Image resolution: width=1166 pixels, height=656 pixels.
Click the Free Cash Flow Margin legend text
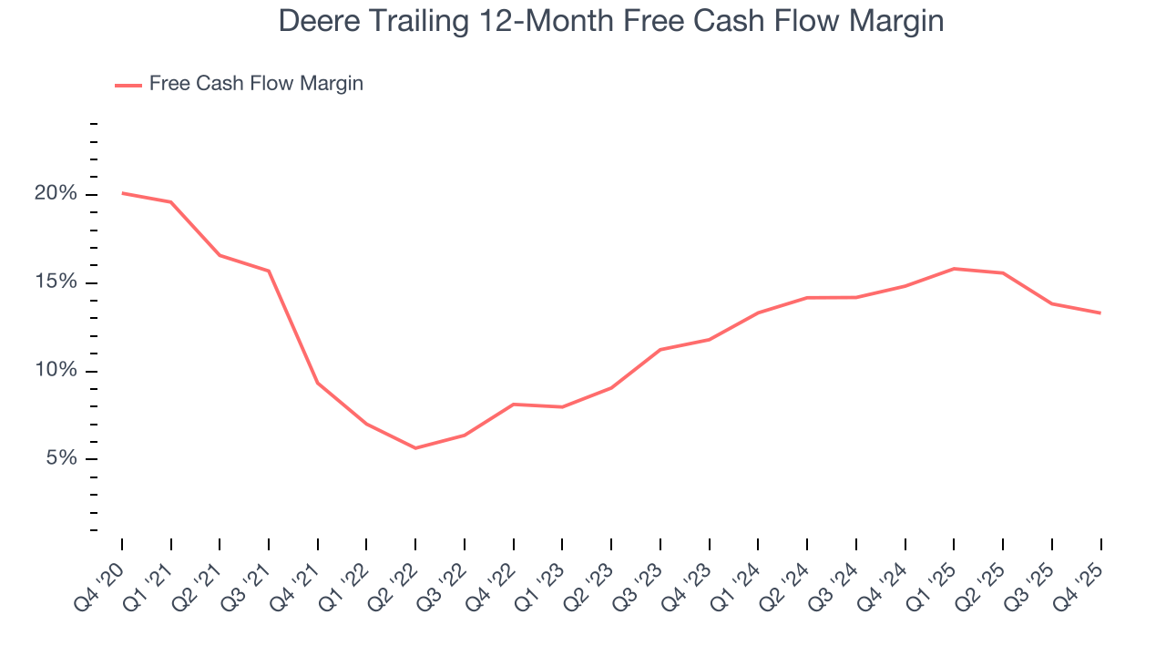pyautogui.click(x=256, y=84)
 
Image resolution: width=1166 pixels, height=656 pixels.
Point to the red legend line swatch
pyautogui.click(x=128, y=85)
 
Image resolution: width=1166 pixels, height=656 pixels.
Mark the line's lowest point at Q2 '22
pyautogui.click(x=415, y=448)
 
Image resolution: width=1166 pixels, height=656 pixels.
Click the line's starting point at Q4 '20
pyautogui.click(x=122, y=193)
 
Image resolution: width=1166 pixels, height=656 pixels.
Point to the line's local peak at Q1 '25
pyautogui.click(x=954, y=269)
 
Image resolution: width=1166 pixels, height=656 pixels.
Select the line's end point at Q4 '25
pyautogui.click(x=1100, y=313)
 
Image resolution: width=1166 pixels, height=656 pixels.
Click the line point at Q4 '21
pyautogui.click(x=318, y=383)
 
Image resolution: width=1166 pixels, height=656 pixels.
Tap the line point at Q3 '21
pyautogui.click(x=269, y=271)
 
